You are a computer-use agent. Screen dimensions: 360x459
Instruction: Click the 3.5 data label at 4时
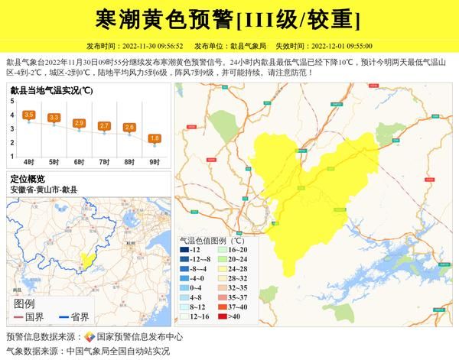29,115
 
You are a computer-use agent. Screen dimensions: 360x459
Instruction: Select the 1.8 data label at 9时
155,138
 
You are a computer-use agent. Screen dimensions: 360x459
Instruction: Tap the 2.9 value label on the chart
79,123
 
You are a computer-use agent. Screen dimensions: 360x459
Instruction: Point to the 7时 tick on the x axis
104,162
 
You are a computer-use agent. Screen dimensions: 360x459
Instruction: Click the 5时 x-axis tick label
54,162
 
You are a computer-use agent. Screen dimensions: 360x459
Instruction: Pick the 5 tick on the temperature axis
12,101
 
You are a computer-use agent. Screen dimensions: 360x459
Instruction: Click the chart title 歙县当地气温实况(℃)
52,90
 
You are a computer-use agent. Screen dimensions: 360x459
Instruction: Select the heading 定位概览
28,178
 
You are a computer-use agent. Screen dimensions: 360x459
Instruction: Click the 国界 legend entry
31,316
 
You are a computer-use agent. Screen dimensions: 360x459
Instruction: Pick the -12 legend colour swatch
185,249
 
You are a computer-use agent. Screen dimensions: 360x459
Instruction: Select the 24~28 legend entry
233,268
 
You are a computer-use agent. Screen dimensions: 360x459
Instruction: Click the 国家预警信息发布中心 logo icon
89,336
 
